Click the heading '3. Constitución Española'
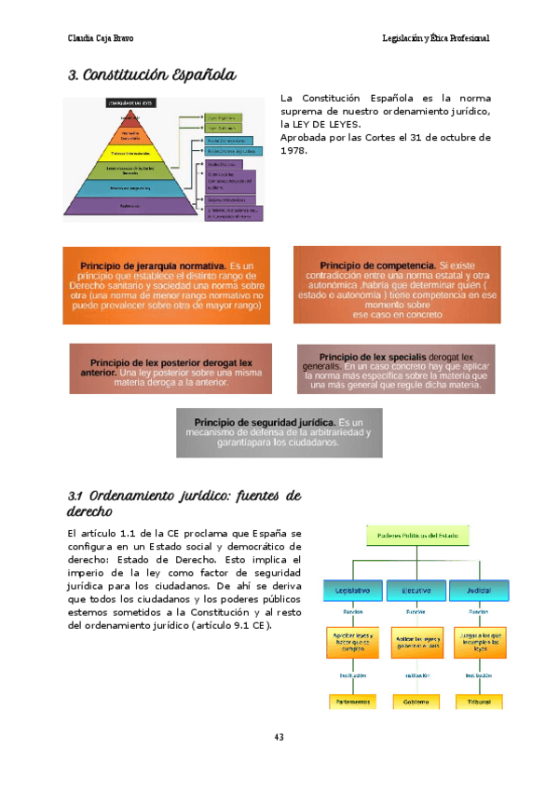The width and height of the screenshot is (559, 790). [x=151, y=75]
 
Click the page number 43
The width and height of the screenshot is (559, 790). [x=279, y=738]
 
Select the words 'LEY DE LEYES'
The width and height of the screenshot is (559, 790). [x=325, y=124]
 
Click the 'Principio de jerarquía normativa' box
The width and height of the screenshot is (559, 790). [x=167, y=285]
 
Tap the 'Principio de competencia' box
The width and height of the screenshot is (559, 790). [x=397, y=285]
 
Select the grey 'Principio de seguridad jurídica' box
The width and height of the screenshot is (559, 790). [x=279, y=432]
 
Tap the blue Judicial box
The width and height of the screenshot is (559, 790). [x=479, y=591]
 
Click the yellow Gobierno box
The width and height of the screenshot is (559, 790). [x=416, y=701]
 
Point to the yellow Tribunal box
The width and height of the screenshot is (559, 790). [x=479, y=701]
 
